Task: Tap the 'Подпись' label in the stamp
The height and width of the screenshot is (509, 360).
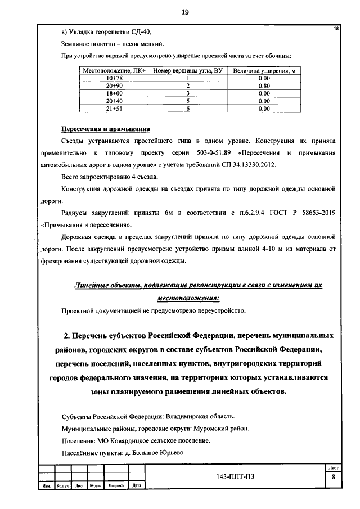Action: pyautogui.click(x=116, y=485)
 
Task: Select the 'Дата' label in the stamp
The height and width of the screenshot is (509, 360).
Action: pyautogui.click(x=137, y=485)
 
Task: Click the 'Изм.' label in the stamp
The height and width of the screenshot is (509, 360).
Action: pyautogui.click(x=46, y=485)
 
